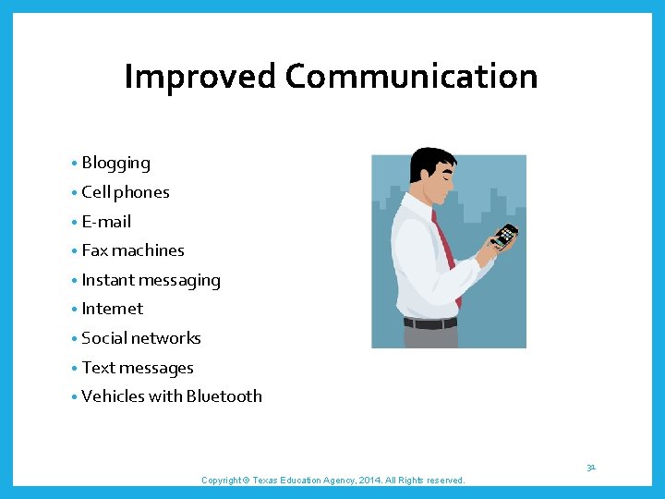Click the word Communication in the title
(411, 77)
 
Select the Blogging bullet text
(115, 164)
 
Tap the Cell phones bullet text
(126, 192)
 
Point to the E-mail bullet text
(106, 222)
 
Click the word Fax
(94, 250)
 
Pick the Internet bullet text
(113, 309)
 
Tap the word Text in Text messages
(97, 368)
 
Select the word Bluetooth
(224, 396)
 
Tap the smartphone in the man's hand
(504, 236)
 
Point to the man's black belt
(430, 323)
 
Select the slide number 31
(590, 468)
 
